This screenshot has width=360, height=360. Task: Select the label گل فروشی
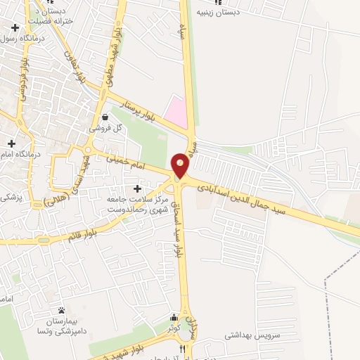105,129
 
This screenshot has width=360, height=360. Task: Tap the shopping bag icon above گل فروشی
105,117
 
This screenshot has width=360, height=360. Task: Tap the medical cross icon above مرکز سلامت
137,189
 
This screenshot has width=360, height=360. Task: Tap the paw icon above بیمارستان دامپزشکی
61,310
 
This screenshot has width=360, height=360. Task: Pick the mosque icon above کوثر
174,318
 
